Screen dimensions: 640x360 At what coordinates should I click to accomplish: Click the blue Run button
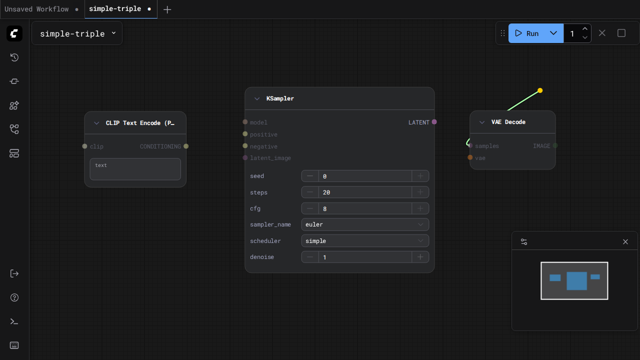tap(527, 33)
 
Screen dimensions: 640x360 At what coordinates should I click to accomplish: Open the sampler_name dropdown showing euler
tap(365, 224)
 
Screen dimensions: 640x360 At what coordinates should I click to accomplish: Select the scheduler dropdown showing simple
tap(365, 241)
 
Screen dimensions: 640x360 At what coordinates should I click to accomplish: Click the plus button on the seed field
tap(420, 176)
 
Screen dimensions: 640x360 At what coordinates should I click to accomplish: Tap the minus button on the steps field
tap(310, 192)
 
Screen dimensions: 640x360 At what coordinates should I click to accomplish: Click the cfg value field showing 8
tap(365, 208)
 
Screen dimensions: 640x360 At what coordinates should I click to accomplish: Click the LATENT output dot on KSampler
tap(434, 122)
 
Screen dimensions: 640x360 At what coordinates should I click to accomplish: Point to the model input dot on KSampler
tap(245, 122)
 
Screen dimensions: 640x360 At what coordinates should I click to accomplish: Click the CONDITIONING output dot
tap(186, 146)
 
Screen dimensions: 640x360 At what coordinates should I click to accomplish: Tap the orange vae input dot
tap(470, 157)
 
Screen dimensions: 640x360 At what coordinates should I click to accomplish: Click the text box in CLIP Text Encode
tap(135, 169)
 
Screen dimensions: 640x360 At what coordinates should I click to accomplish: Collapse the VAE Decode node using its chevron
tap(482, 122)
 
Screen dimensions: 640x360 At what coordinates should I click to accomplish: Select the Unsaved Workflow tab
tap(36, 9)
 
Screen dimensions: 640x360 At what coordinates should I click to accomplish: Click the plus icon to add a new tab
tap(167, 9)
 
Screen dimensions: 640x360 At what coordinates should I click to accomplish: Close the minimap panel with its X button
tap(625, 242)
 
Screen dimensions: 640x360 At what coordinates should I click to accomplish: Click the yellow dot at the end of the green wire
tap(540, 90)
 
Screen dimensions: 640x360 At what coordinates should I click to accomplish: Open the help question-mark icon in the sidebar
tap(14, 297)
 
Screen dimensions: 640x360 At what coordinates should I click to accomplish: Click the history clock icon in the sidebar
tap(14, 57)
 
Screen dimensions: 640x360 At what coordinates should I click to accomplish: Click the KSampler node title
tap(280, 98)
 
